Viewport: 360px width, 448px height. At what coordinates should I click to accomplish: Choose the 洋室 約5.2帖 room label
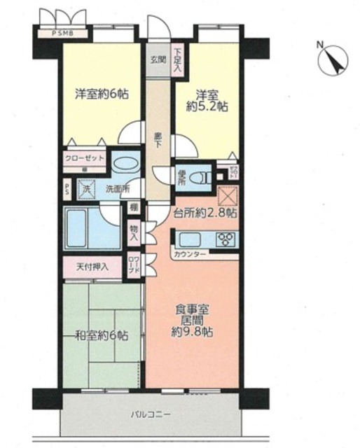coord(207,99)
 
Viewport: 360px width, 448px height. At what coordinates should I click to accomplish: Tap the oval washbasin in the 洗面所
coord(126,164)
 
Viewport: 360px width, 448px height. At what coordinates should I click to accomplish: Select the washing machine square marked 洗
coord(88,188)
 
